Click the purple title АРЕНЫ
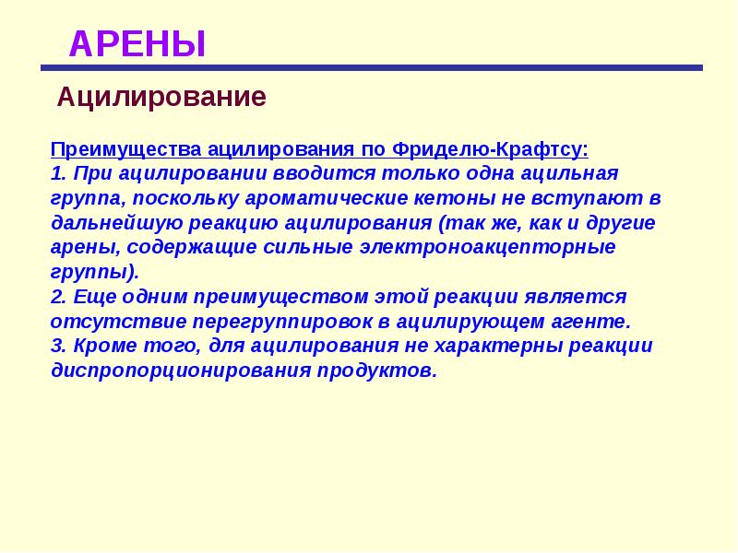[x=137, y=44]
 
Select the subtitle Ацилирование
[x=161, y=98]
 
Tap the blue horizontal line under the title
[x=372, y=67]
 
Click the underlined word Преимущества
[x=126, y=149]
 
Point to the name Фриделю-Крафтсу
[x=490, y=149]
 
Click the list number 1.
[x=58, y=173]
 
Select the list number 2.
[x=58, y=297]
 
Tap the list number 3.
[x=58, y=347]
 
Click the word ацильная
[x=569, y=174]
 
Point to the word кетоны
[x=454, y=198]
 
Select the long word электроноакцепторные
[x=488, y=248]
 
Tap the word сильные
[x=308, y=248]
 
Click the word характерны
[x=497, y=347]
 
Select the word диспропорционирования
[x=181, y=371]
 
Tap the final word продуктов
[x=377, y=371]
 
